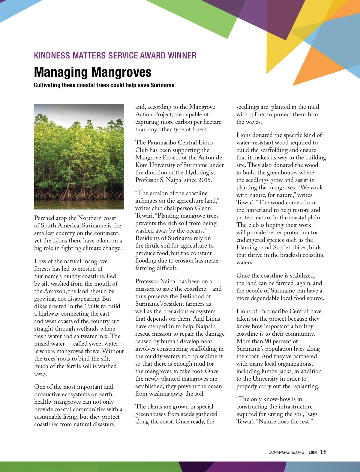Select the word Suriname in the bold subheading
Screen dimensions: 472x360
point(162,85)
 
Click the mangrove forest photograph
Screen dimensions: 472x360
point(79,156)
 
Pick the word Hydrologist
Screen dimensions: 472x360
point(200,173)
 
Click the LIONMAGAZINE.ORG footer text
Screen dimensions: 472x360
point(286,453)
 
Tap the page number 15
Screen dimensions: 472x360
point(323,452)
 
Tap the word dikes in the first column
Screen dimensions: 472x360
point(41,306)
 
